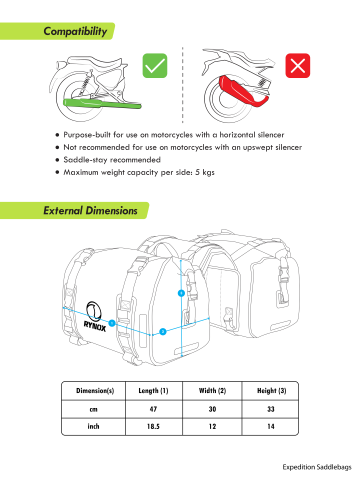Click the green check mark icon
click(x=155, y=66)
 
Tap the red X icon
click(x=298, y=66)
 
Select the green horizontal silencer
click(x=102, y=104)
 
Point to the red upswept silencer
click(x=243, y=91)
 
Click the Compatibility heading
click(x=75, y=31)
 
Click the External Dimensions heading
click(x=90, y=210)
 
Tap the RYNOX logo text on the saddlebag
click(x=95, y=326)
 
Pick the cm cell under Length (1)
click(x=153, y=409)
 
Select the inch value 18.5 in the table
click(x=153, y=426)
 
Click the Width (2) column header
click(x=212, y=391)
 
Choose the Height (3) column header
click(x=271, y=391)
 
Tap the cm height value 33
click(x=271, y=409)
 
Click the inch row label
click(x=93, y=426)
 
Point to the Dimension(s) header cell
click(x=95, y=391)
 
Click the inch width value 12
click(x=212, y=426)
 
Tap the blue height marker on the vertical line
click(x=181, y=293)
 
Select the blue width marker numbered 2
click(x=163, y=332)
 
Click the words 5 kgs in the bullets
click(x=205, y=172)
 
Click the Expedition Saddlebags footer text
click(x=317, y=467)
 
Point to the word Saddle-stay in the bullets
click(x=85, y=160)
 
